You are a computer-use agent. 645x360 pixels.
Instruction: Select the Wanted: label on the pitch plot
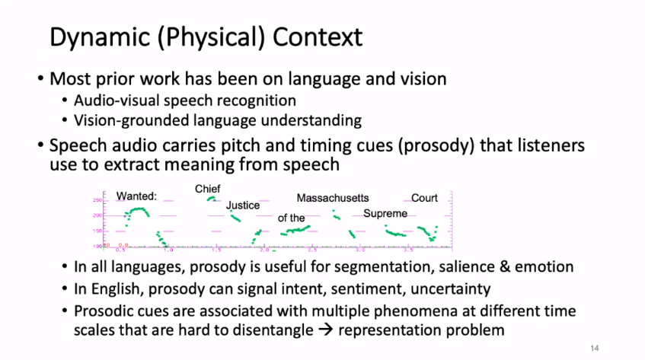coord(136,196)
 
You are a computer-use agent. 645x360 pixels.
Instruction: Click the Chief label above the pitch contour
coord(207,188)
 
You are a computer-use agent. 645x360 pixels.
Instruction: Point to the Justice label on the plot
coord(243,205)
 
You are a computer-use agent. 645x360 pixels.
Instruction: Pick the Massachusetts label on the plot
coord(333,198)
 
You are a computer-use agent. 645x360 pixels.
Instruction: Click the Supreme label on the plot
coord(385,214)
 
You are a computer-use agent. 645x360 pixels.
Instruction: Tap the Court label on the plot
coord(424,198)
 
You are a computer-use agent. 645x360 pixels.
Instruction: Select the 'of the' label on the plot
coord(292,218)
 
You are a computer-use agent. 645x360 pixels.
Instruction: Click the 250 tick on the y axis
coord(97,200)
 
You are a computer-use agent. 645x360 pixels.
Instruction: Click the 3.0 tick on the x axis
coord(361,249)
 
